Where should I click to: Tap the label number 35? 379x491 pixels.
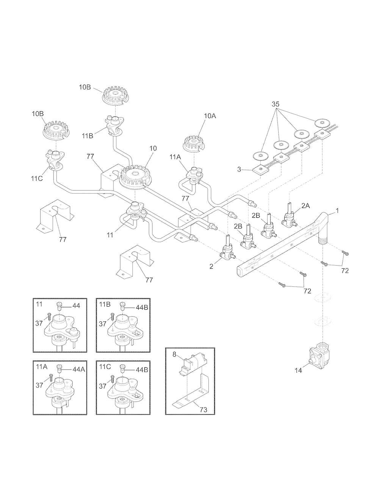(x=276, y=104)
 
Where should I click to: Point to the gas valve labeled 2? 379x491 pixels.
(x=228, y=248)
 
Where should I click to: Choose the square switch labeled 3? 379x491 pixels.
(x=261, y=169)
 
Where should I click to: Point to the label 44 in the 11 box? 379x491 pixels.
(x=76, y=306)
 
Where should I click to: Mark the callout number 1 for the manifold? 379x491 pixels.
(x=337, y=211)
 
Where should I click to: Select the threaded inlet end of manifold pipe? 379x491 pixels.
(x=323, y=239)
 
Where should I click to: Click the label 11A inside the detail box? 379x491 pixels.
(x=41, y=367)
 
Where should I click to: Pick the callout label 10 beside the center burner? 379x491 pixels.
(x=153, y=148)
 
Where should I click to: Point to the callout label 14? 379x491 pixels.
(x=298, y=370)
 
